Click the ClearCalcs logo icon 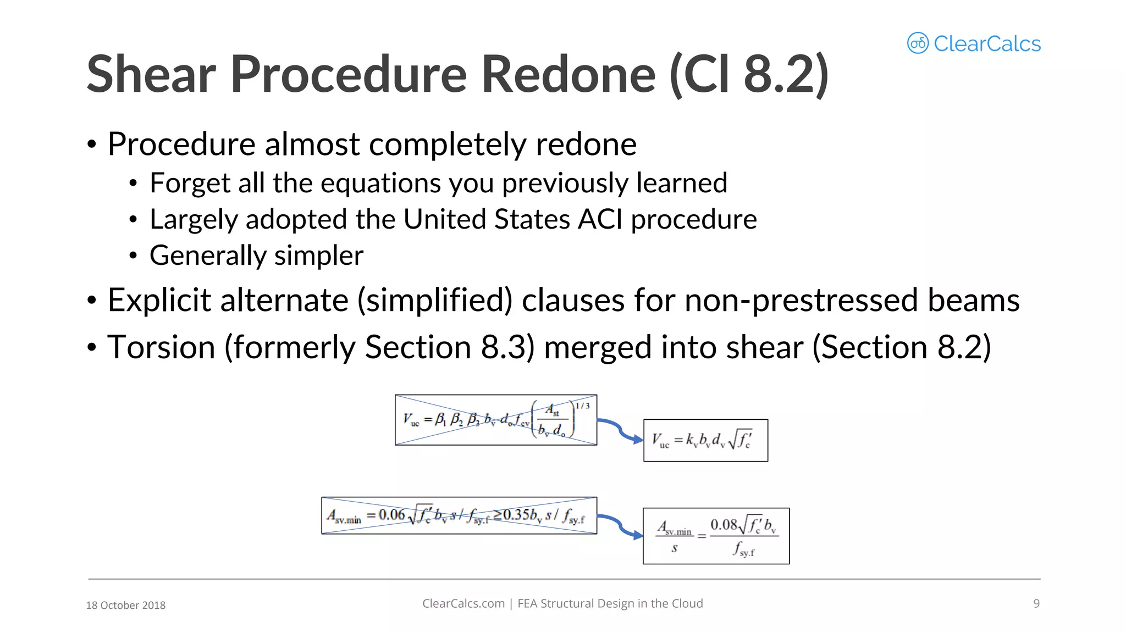pyautogui.click(x=918, y=43)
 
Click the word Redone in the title pyautogui.click(x=568, y=74)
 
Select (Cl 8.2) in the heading pyautogui.click(x=749, y=74)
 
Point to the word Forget pyautogui.click(x=189, y=183)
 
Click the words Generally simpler pyautogui.click(x=256, y=256)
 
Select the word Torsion pyautogui.click(x=161, y=347)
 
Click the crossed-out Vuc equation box pyautogui.click(x=495, y=420)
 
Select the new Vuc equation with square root pyautogui.click(x=705, y=440)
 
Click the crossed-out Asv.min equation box pyautogui.click(x=459, y=515)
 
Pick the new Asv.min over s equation pyautogui.click(x=716, y=536)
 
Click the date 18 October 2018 pyautogui.click(x=125, y=605)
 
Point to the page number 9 pyautogui.click(x=1036, y=603)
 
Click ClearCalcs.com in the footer pyautogui.click(x=463, y=603)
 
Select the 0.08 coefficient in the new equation pyautogui.click(x=723, y=525)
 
